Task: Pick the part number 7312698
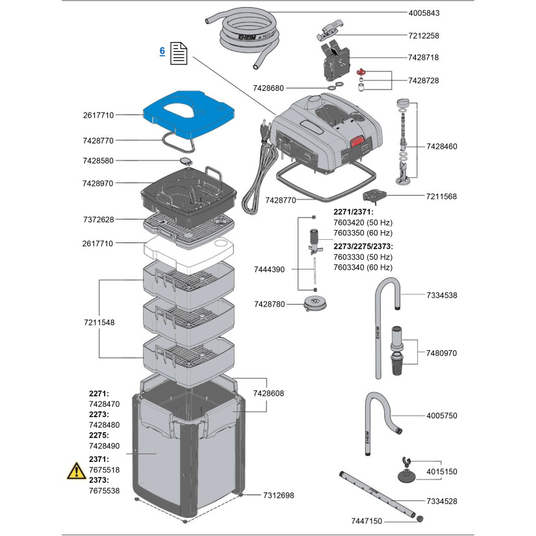(279, 495)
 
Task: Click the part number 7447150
(367, 521)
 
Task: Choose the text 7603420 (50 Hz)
(363, 223)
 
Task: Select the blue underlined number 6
(162, 50)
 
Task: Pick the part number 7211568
(441, 196)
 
